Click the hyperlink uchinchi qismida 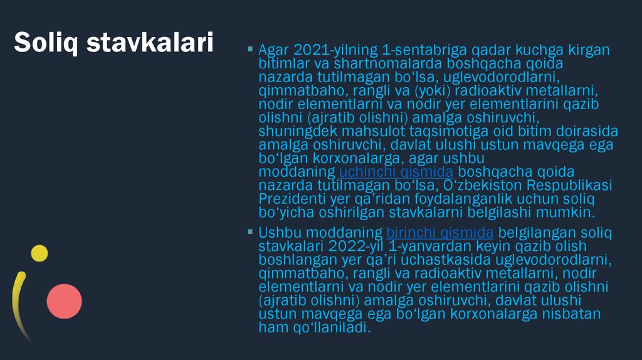point(396,172)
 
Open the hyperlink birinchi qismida point(440,233)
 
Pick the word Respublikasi point(569,186)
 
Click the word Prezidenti point(287,199)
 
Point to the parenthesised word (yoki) point(431,90)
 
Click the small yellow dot point(39,253)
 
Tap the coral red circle point(65,300)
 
